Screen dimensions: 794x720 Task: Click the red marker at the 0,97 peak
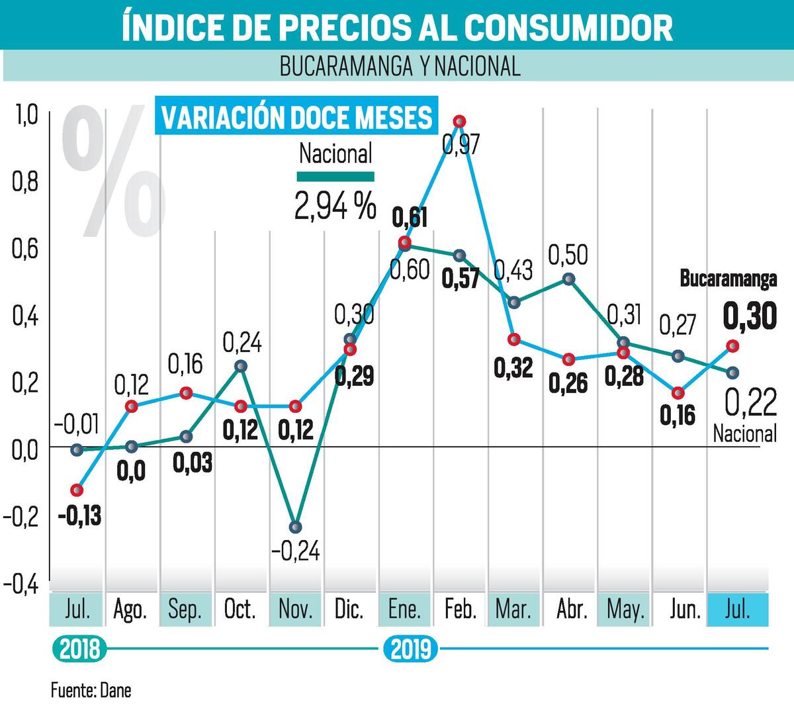pos(459,121)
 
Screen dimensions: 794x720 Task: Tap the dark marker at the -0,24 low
pos(295,527)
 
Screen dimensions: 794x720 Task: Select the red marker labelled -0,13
pos(77,490)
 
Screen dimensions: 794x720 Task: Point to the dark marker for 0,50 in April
pos(569,279)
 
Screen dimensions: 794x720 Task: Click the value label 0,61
pos(410,218)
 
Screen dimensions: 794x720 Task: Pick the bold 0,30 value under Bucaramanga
pos(750,316)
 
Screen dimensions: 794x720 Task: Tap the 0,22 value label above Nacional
pos(750,402)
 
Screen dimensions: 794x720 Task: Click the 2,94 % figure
pos(335,206)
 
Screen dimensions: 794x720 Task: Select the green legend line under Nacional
pos(335,177)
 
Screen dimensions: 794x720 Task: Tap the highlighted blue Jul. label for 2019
pos(737,609)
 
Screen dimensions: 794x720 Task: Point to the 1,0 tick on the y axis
pos(26,115)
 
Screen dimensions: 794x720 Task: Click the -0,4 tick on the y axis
pos(21,584)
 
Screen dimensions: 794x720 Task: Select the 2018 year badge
pos(79,649)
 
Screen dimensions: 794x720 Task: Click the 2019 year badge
pos(411,649)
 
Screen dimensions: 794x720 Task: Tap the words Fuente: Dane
pos(91,690)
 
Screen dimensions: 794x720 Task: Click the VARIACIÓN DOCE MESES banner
pos(296,116)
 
